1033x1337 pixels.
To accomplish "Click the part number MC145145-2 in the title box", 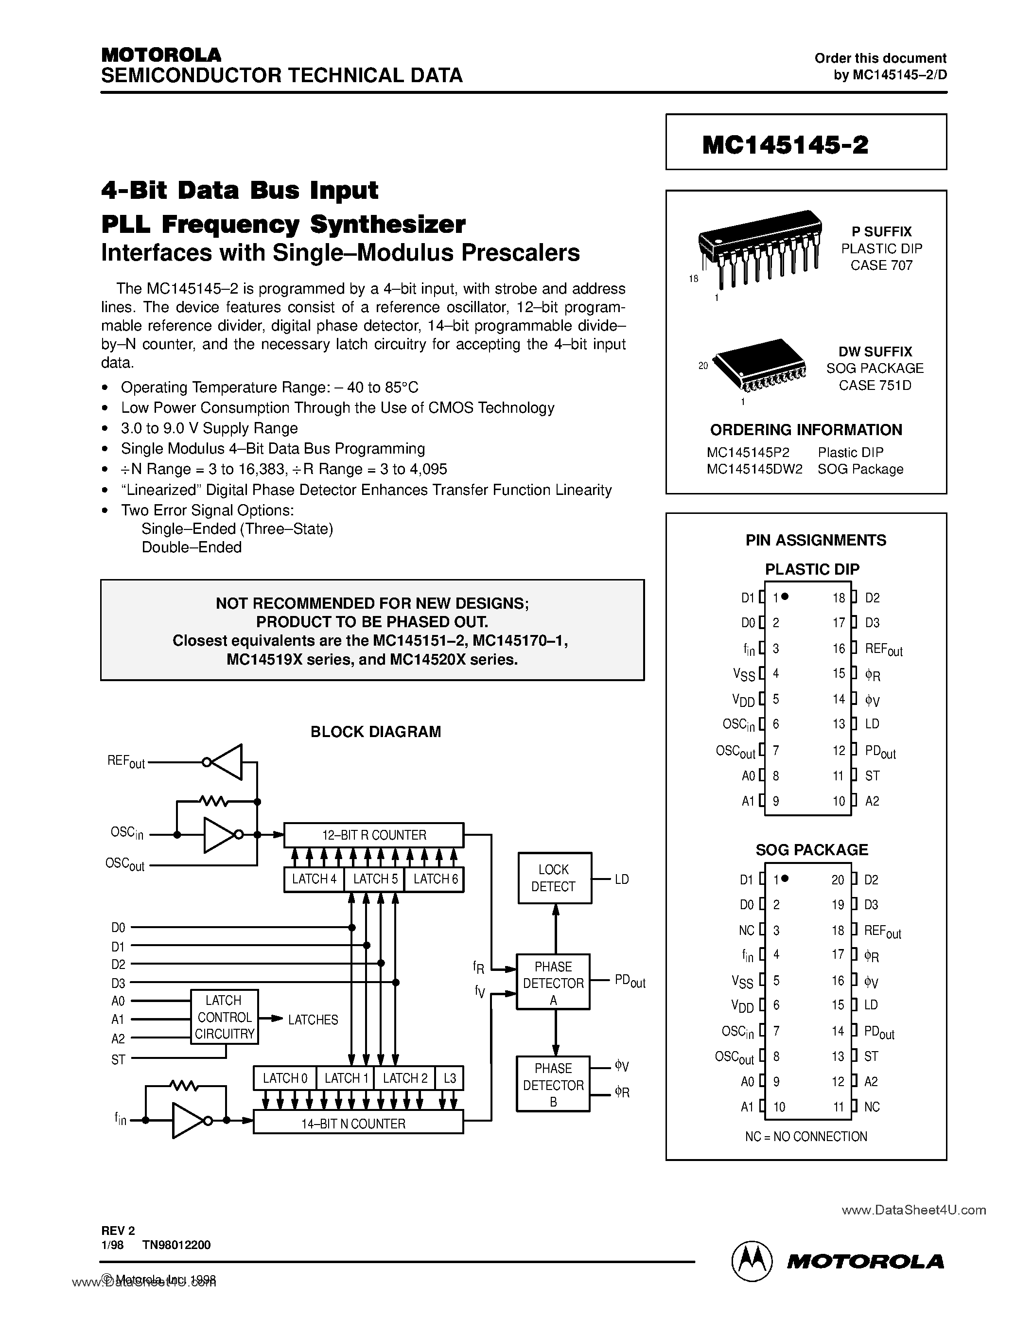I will [x=785, y=145].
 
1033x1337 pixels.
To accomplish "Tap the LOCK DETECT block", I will [x=555, y=878].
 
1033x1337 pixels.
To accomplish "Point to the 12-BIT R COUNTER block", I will [x=374, y=835].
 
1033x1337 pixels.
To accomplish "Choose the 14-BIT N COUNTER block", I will [x=358, y=1124].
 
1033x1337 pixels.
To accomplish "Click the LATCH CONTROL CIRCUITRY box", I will [x=224, y=1017].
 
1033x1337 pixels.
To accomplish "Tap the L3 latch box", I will [x=450, y=1078].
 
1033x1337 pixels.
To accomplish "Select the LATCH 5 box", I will [x=374, y=879].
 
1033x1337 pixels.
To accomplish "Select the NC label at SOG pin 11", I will [x=872, y=1107].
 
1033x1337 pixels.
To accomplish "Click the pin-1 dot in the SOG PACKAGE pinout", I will [x=785, y=879].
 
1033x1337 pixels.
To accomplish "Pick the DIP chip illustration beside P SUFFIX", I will [x=759, y=248].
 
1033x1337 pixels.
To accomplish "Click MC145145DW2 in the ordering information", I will [x=754, y=470].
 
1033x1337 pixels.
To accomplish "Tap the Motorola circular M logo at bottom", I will [x=752, y=1261].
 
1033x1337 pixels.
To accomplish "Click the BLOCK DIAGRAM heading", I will [x=375, y=732].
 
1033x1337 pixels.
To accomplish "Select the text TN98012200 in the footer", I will [x=176, y=1245].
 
